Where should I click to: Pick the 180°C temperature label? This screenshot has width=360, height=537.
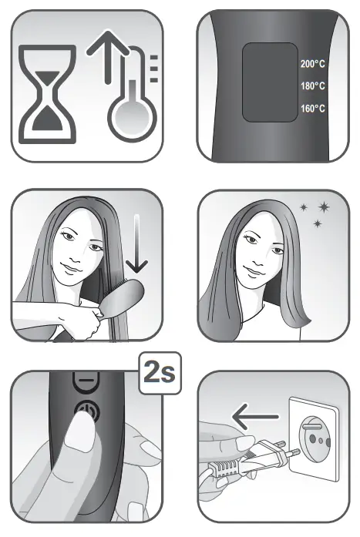(312, 87)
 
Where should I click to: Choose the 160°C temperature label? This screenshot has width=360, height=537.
(312, 109)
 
